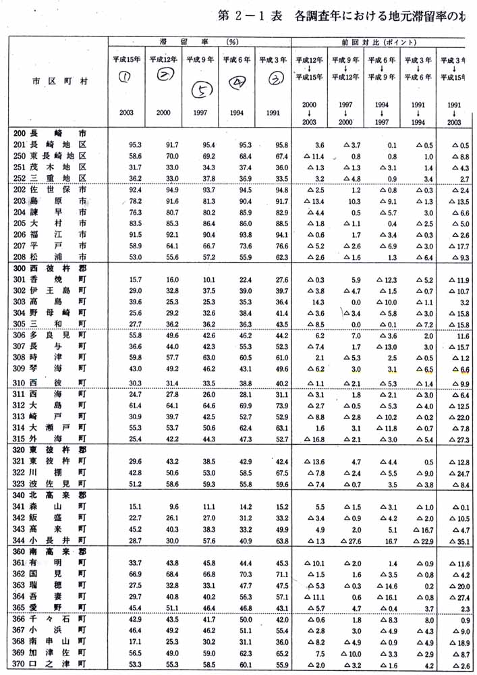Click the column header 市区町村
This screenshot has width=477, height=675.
tap(59, 81)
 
